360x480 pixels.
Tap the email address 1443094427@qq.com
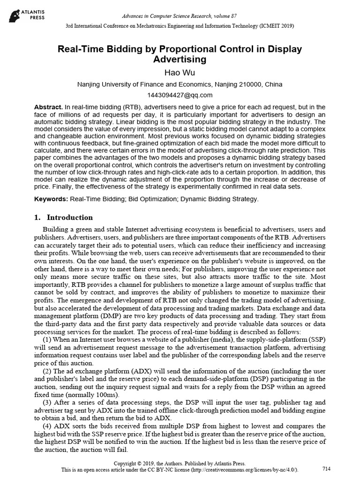180,95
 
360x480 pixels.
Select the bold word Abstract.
48,107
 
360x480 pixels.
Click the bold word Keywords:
51,199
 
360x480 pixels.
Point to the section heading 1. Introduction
63,217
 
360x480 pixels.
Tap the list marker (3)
48,403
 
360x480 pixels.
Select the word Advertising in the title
180,59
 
